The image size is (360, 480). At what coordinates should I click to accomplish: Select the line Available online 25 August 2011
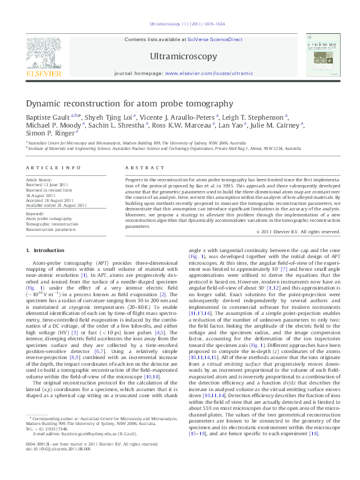(x=56, y=204)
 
